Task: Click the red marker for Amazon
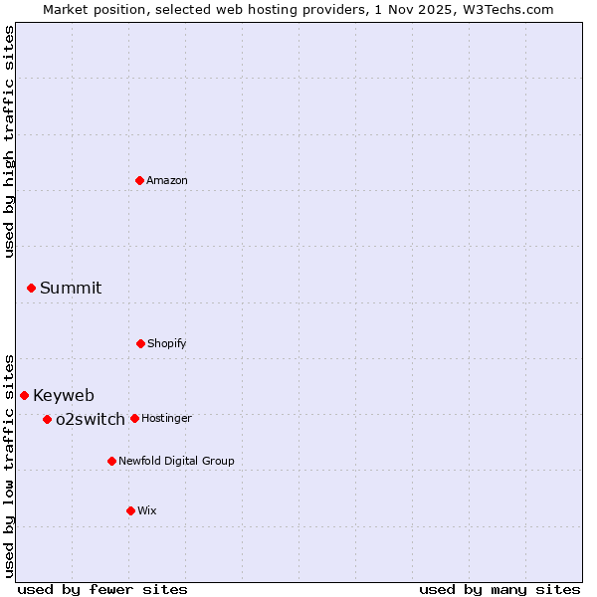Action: tap(139, 180)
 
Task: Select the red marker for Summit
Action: tap(31, 288)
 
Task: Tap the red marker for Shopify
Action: tap(140, 343)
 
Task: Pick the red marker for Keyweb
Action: tap(24, 395)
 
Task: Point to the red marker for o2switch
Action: tap(47, 419)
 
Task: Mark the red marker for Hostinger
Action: tap(134, 418)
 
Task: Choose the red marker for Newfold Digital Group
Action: tap(111, 461)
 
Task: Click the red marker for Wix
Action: tap(130, 510)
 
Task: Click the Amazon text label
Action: tap(167, 181)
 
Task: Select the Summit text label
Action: tap(71, 289)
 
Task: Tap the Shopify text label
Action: tap(167, 344)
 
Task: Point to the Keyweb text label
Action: tap(64, 396)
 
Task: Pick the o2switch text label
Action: tap(91, 420)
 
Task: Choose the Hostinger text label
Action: tap(166, 419)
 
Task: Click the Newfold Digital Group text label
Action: tap(176, 462)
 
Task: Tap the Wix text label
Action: tap(147, 511)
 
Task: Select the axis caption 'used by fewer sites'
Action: tap(102, 589)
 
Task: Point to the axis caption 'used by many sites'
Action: tap(499, 589)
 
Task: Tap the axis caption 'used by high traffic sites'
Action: tap(9, 141)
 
